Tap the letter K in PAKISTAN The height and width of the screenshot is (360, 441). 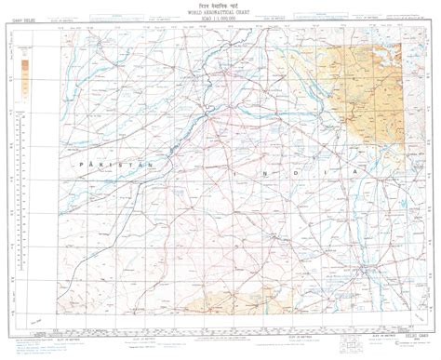[105, 164]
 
